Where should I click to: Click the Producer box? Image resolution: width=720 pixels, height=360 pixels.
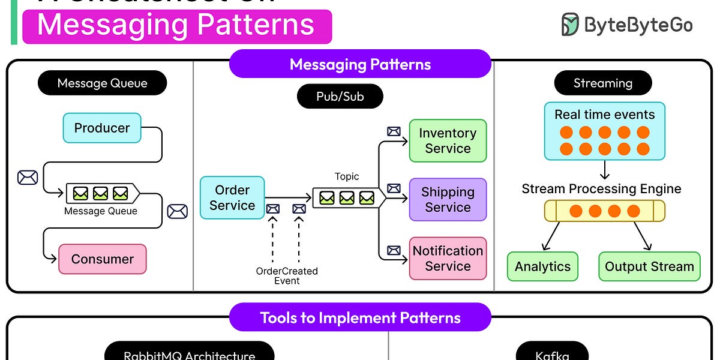[x=102, y=128]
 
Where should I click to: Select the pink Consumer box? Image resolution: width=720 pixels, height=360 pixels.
[x=102, y=259]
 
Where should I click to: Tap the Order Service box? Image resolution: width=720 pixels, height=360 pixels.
[x=232, y=198]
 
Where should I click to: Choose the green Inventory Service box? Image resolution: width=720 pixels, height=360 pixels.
[x=448, y=141]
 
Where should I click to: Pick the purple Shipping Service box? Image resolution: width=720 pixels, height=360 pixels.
[x=448, y=200]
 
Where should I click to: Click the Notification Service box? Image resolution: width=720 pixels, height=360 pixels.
[x=448, y=259]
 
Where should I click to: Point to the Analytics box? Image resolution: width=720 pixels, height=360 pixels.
[x=542, y=266]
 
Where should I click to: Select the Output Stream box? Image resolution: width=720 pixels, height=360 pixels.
[x=649, y=266]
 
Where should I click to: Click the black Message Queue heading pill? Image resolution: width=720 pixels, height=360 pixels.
[x=102, y=83]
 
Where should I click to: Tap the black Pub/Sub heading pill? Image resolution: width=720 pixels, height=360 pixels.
[x=340, y=96]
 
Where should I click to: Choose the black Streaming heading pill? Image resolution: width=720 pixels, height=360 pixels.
[x=602, y=83]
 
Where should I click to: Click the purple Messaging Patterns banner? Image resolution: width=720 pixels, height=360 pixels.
[x=360, y=64]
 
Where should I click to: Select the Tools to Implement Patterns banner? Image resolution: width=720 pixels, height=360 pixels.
[x=360, y=317]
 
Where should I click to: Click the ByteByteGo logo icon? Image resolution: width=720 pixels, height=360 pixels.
[x=570, y=25]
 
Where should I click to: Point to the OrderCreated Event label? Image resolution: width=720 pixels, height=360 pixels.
[x=287, y=275]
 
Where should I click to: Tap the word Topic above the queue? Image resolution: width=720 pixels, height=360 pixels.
[x=347, y=176]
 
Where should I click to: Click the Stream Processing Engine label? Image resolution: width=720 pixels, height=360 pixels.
[x=601, y=189]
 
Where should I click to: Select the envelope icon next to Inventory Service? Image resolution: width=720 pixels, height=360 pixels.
[x=394, y=131]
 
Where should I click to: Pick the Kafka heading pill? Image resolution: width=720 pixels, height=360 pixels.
[x=552, y=354]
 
